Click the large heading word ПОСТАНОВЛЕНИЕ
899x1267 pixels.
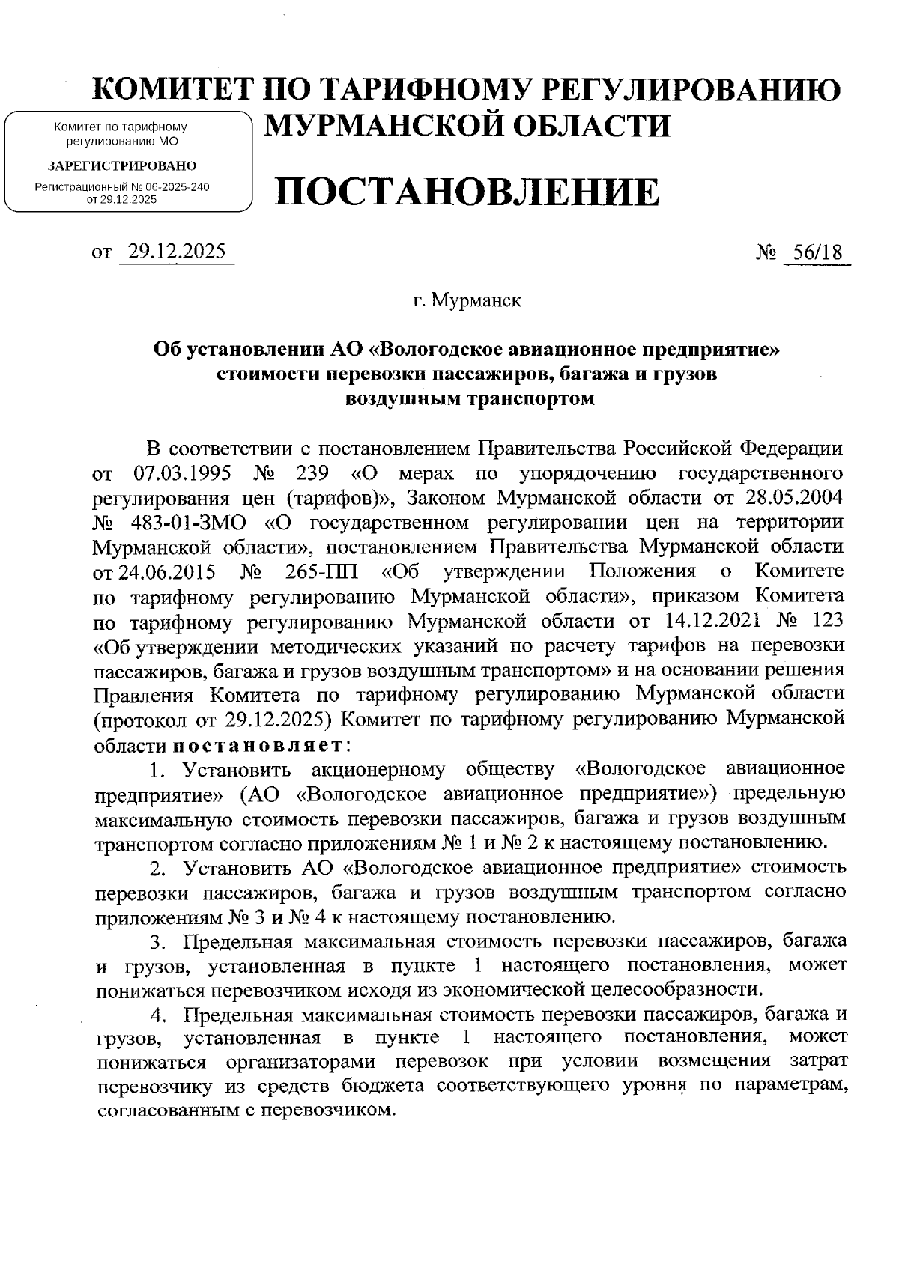point(468,193)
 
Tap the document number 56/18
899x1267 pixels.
point(817,252)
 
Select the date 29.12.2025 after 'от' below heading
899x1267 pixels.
point(177,252)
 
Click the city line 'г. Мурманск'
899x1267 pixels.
point(467,302)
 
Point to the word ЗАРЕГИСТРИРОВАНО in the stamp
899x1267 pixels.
point(122,165)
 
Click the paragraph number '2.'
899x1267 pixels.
point(157,869)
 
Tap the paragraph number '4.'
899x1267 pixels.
point(158,1016)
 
